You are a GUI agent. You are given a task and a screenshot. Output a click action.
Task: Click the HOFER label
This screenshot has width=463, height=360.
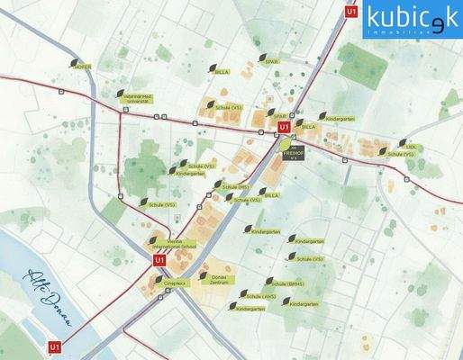tap(83, 67)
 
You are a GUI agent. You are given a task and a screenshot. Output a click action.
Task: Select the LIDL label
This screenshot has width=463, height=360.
tap(411, 145)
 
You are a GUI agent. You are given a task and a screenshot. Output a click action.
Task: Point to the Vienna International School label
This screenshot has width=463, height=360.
tap(168, 244)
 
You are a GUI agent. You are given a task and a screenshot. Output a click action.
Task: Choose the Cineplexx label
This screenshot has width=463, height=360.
tap(175, 283)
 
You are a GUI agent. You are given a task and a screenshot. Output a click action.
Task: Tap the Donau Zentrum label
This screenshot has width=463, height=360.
tap(220, 282)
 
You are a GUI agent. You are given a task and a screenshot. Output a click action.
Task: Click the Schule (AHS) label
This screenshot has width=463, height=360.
tap(262, 294)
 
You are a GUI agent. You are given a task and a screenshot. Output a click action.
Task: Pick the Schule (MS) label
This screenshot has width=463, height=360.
tap(237, 186)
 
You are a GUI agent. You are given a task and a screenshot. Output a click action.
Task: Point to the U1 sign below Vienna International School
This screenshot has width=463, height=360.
tap(159, 260)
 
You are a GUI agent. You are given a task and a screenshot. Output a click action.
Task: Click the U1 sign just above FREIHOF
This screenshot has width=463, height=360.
tap(284, 127)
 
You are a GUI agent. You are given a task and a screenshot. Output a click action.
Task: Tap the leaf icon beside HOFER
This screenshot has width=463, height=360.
tap(75, 62)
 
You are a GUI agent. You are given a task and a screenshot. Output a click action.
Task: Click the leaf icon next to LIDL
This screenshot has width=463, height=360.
tap(402, 143)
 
